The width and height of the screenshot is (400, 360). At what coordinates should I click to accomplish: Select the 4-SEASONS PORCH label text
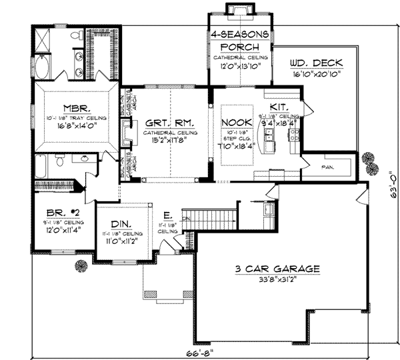coord(240,41)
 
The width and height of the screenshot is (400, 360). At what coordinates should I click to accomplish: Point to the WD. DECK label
coord(315,64)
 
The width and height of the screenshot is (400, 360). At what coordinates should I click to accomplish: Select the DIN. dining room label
coord(121,225)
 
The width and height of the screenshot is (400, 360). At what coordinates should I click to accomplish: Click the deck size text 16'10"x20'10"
coord(315,75)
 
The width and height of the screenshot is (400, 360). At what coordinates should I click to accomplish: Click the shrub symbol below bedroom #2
coord(81,265)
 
